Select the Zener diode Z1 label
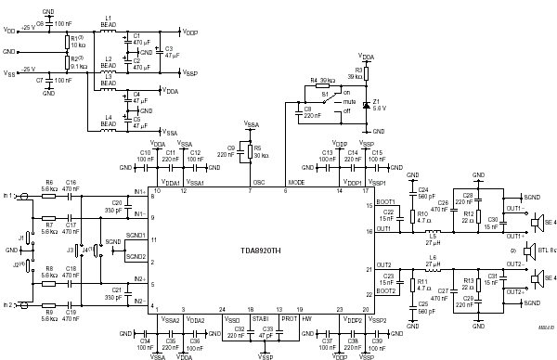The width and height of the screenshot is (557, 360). coord(378,104)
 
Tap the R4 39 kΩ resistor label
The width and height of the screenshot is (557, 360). coord(322,81)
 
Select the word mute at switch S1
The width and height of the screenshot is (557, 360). coord(351,102)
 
